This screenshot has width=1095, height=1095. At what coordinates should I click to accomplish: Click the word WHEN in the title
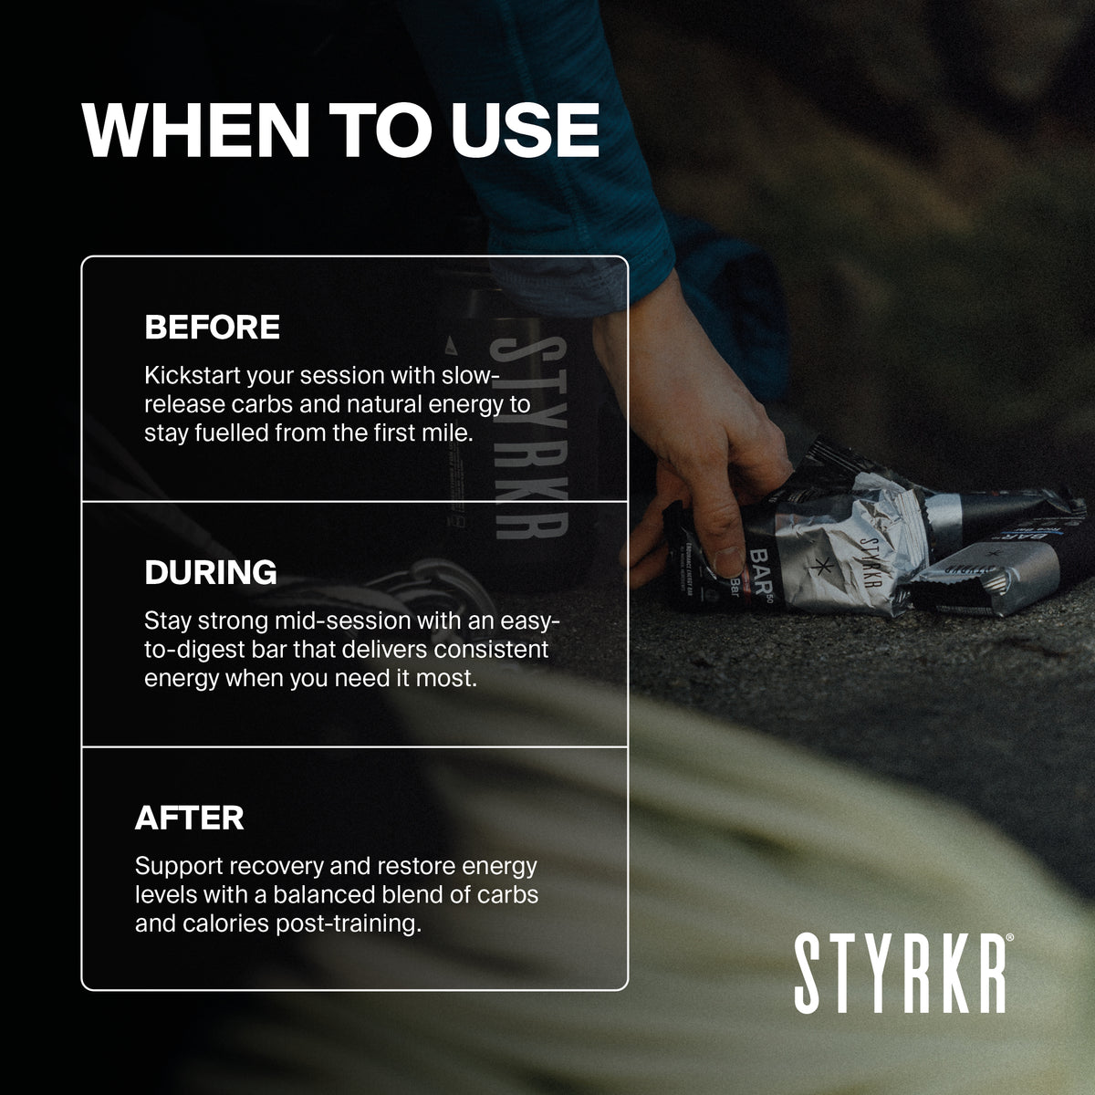196,130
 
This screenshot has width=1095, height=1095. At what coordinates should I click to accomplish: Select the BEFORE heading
212,327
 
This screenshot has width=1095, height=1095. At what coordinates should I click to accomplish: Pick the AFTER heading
189,817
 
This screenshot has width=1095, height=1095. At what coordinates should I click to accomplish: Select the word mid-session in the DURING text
343,620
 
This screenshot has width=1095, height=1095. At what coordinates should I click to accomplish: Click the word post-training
349,923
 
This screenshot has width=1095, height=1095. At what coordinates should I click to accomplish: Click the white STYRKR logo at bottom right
900,974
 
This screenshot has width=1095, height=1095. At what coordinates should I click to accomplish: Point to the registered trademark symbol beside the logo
1009,938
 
